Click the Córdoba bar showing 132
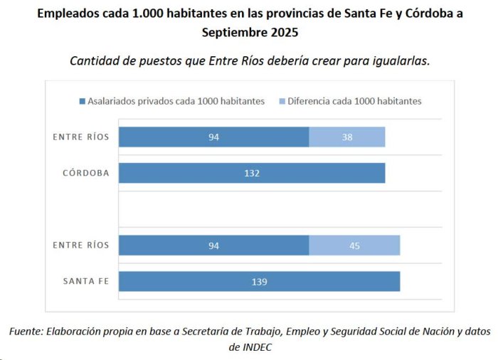(x=252, y=173)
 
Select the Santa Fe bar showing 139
(x=260, y=281)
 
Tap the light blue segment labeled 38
(x=347, y=137)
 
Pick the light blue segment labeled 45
(x=354, y=245)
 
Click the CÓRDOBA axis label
(x=86, y=173)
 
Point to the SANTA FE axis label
(x=86, y=281)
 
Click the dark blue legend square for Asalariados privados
(x=83, y=101)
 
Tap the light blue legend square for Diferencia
(x=282, y=101)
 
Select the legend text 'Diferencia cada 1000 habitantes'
(x=354, y=101)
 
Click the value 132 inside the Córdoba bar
(x=252, y=173)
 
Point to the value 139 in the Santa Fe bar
(x=260, y=282)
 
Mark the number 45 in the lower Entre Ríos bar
(x=354, y=245)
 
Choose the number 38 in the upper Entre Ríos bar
(x=347, y=137)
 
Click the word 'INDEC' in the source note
(x=257, y=347)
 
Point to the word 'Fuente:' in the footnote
(x=26, y=332)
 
